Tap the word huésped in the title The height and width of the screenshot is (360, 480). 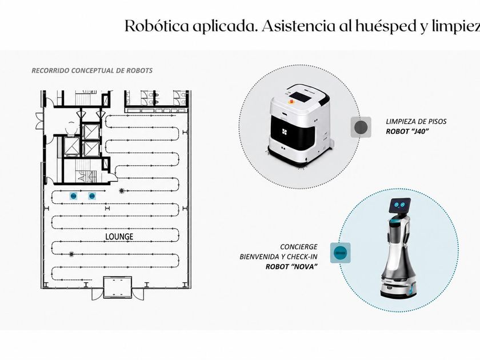pyautogui.click(x=386, y=27)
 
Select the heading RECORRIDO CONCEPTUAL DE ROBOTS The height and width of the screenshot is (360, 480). pyautogui.click(x=92, y=70)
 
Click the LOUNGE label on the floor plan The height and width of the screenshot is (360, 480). pyautogui.click(x=119, y=237)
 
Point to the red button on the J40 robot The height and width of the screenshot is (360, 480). pyautogui.click(x=290, y=100)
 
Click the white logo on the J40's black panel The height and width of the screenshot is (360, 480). pyautogui.click(x=285, y=132)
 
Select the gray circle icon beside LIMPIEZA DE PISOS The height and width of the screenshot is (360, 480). pyautogui.click(x=361, y=127)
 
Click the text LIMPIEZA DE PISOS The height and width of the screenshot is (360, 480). pyautogui.click(x=416, y=122)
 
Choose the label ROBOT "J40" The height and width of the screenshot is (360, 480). pyautogui.click(x=407, y=131)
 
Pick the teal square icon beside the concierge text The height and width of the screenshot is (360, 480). pyautogui.click(x=340, y=253)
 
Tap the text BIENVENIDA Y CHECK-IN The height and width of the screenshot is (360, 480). pyautogui.click(x=278, y=257)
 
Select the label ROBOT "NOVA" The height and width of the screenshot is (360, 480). pyautogui.click(x=291, y=267)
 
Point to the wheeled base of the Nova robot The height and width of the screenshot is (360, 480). pyautogui.click(x=398, y=288)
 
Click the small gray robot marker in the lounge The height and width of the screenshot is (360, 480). pyautogui.click(x=71, y=254)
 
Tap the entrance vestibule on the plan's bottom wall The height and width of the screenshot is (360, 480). pyautogui.click(x=118, y=287)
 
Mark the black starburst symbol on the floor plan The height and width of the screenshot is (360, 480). pyautogui.click(x=122, y=191)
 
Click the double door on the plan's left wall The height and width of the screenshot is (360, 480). pyautogui.click(x=40, y=121)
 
